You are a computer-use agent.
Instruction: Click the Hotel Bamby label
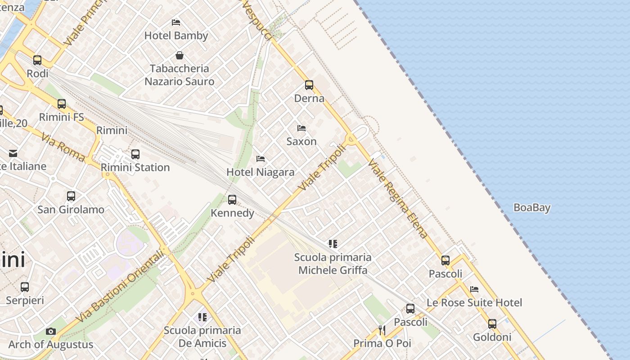(176, 36)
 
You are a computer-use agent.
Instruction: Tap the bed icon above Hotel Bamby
(176, 22)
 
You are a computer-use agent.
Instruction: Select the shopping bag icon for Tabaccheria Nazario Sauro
(180, 55)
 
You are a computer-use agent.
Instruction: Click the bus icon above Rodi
(37, 60)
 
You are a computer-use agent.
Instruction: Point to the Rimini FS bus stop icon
(62, 104)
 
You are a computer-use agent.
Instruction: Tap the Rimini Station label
(135, 167)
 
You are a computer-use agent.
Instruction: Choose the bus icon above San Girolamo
(71, 196)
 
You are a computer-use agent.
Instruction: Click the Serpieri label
(25, 300)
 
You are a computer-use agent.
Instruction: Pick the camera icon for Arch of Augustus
(51, 332)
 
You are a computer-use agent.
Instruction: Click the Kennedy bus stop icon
(232, 199)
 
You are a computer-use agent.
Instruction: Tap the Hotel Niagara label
(261, 172)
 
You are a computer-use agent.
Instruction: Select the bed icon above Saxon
(301, 128)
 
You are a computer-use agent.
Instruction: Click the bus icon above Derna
(309, 85)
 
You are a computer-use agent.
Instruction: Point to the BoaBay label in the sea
(532, 207)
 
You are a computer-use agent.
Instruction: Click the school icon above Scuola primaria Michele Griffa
(333, 244)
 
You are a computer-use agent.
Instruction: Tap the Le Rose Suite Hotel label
(474, 302)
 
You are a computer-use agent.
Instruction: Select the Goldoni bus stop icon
(492, 324)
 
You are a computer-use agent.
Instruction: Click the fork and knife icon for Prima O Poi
(382, 330)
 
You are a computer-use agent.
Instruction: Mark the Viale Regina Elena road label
(397, 198)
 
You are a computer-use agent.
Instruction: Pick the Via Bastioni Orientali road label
(120, 287)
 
